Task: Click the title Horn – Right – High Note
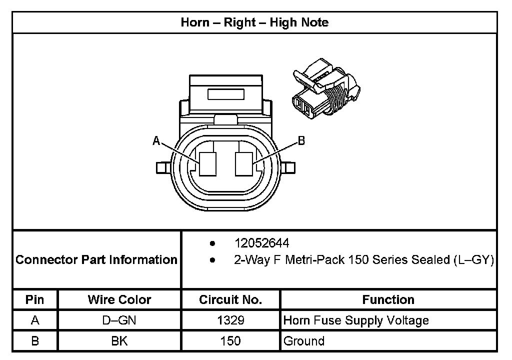coord(254,22)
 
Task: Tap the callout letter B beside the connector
coord(301,141)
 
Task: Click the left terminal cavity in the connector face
coord(206,164)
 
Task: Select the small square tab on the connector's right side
coord(289,167)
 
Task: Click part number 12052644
coord(261,243)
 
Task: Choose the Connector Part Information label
coord(96,260)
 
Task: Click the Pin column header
coord(35,299)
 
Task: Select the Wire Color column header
coord(119,299)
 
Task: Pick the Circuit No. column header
coord(230,299)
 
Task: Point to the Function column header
coord(388,299)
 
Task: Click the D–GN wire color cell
coord(119,320)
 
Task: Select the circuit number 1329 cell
coord(230,320)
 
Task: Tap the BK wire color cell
coord(119,341)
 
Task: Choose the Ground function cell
coord(304,341)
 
